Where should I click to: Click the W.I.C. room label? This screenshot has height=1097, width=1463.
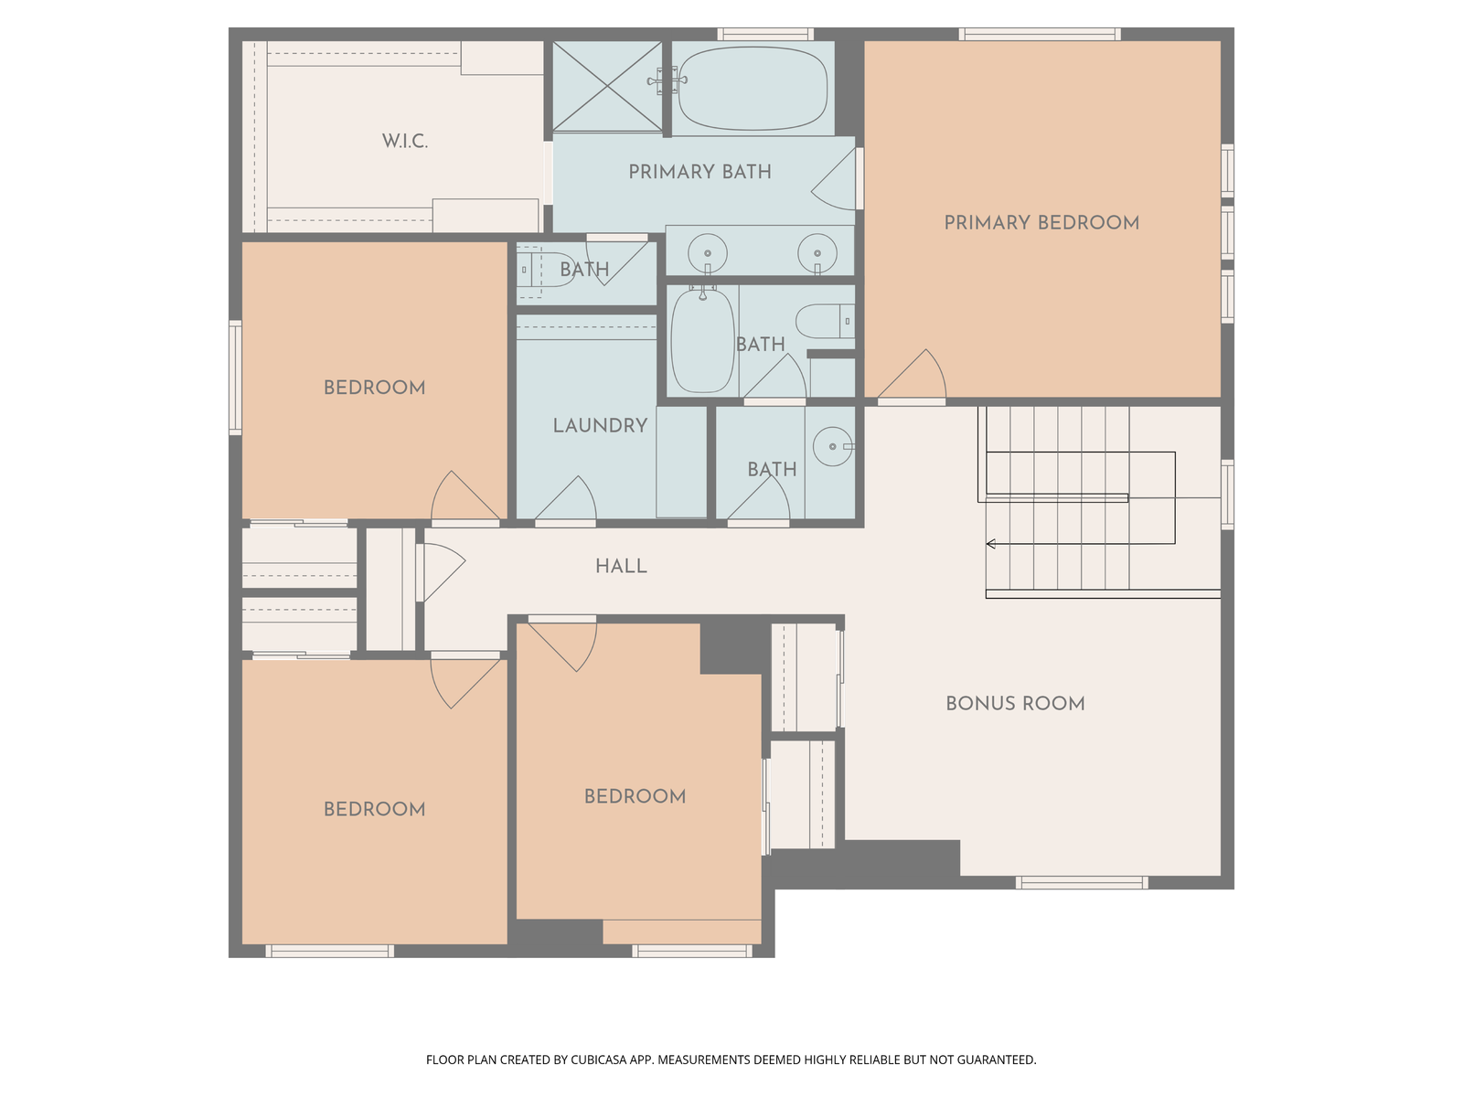(x=404, y=141)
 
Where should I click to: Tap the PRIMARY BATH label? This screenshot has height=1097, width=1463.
(x=699, y=172)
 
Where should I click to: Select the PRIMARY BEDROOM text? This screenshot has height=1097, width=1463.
(x=1041, y=223)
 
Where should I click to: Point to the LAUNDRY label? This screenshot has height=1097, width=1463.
(x=600, y=426)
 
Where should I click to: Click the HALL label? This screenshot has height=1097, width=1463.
(x=621, y=567)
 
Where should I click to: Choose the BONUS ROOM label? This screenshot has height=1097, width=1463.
(x=1015, y=704)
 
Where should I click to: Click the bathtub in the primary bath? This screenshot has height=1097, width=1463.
(x=753, y=88)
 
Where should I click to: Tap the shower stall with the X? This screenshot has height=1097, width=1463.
(x=607, y=86)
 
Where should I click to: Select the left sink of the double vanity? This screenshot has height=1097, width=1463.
(x=707, y=254)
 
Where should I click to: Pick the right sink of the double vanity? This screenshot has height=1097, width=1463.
(x=817, y=254)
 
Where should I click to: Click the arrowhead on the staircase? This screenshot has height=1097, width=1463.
(x=990, y=544)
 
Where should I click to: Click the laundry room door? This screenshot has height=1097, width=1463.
(x=566, y=499)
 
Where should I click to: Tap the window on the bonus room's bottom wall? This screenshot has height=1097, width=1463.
(x=1082, y=883)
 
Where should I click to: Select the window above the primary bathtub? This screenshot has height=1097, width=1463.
(x=765, y=34)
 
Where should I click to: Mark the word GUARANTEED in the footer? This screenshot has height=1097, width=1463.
(x=997, y=1060)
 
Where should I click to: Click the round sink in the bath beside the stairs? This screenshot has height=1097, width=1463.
(x=832, y=446)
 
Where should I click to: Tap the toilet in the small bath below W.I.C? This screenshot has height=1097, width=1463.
(x=546, y=270)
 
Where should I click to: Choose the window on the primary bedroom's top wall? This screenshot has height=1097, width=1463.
(x=1040, y=34)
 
